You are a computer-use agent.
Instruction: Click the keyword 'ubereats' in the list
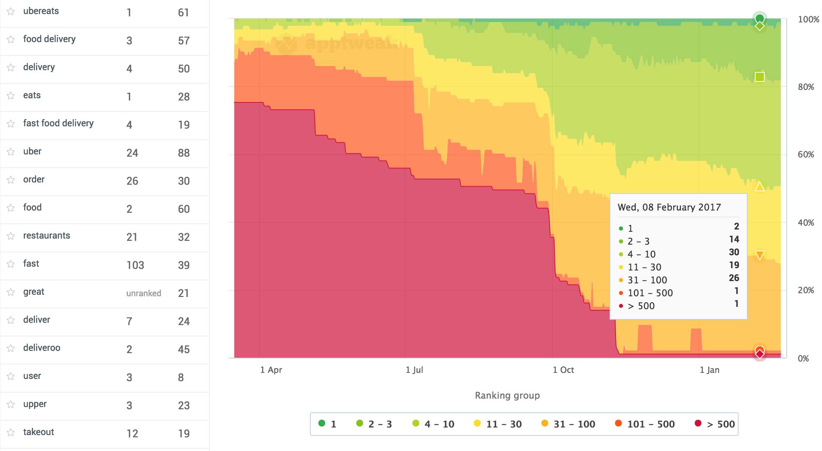(41, 11)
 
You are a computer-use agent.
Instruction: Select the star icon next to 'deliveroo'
(11, 348)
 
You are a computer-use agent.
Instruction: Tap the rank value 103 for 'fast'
(135, 265)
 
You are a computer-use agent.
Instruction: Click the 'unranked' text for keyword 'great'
(144, 293)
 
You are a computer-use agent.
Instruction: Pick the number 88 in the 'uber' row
(184, 153)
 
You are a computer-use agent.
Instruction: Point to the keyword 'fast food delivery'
(58, 123)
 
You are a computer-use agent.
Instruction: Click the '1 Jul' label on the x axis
(414, 370)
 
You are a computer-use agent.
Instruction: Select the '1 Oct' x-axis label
(563, 370)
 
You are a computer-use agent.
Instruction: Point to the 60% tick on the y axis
(806, 154)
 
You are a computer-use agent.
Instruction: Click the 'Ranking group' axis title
(507, 396)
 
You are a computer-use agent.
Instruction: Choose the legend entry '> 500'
(715, 424)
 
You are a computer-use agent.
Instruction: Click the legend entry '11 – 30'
(498, 424)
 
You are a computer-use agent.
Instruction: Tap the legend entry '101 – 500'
(645, 424)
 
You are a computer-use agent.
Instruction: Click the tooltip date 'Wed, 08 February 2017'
(669, 207)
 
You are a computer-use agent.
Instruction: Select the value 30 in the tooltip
(734, 252)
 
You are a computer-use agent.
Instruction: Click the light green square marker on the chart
(759, 77)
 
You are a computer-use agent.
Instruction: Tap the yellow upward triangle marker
(759, 187)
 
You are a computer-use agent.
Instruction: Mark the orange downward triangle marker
(759, 255)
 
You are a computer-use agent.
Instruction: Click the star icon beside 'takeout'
(11, 432)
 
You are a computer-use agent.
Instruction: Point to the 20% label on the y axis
(806, 290)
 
